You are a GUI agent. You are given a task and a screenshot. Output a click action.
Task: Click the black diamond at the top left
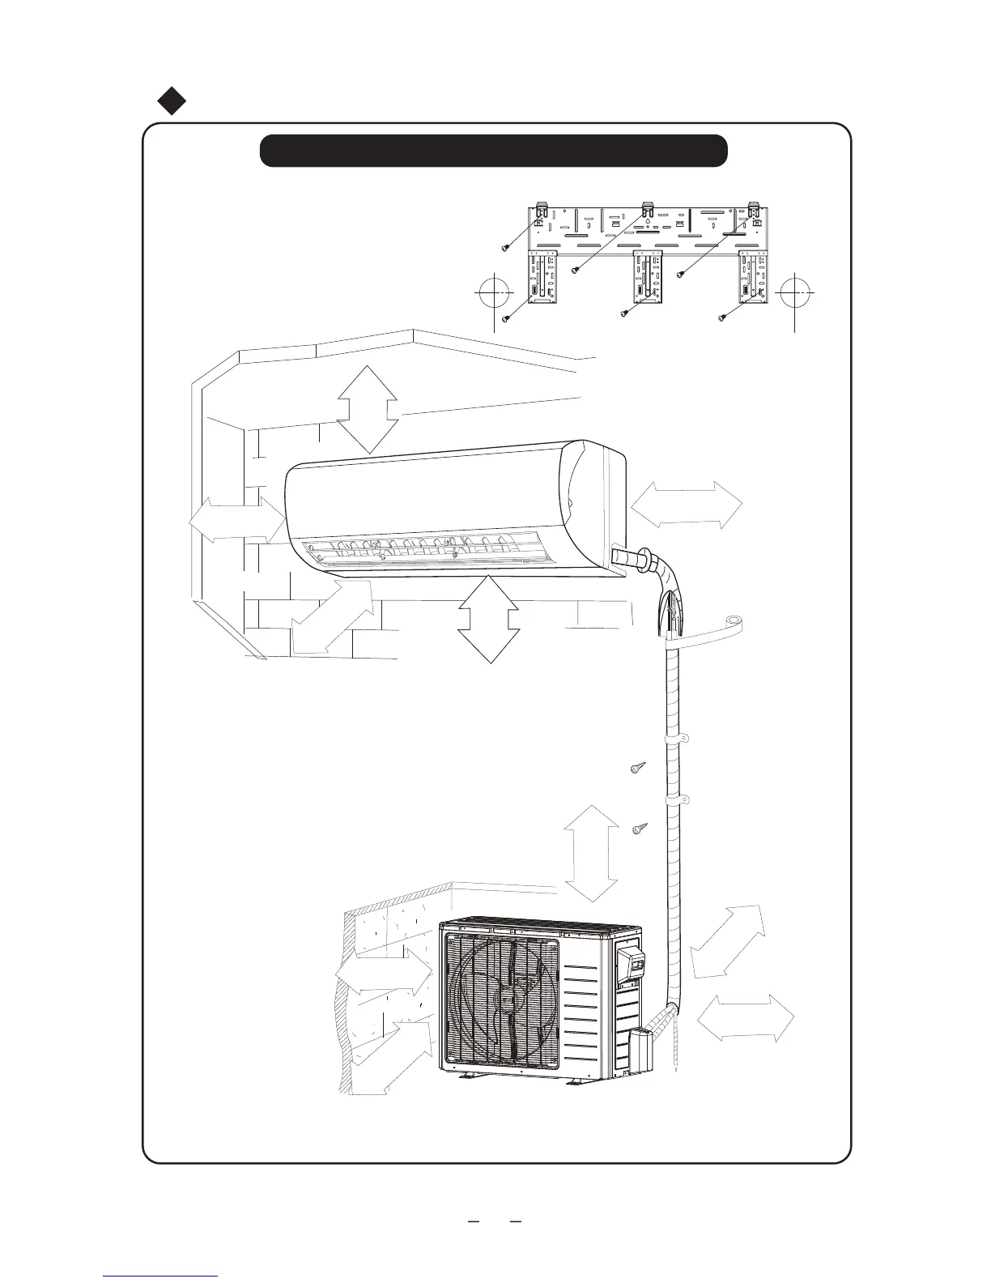pos(172,100)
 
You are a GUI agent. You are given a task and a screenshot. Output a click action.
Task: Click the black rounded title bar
pos(493,151)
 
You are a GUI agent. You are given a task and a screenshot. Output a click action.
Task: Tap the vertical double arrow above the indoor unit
pos(367,409)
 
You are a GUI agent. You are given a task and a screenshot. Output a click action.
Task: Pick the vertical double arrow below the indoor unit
pos(488,619)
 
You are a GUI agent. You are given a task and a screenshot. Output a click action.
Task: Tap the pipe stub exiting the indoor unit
pos(628,558)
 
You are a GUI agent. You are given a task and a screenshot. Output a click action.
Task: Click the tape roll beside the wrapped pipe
pos(734,623)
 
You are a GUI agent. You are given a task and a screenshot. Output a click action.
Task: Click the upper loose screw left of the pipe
pos(638,768)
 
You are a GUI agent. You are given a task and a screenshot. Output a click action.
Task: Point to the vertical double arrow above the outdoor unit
pos(591,854)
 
